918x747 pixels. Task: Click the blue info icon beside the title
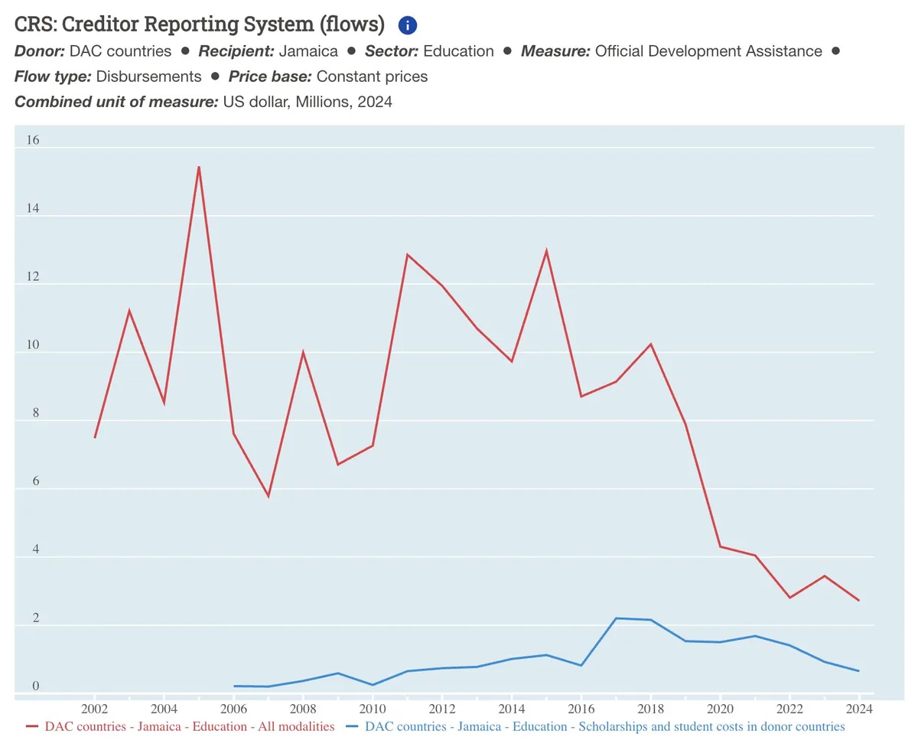pyautogui.click(x=407, y=25)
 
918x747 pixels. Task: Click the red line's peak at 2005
pyautogui.click(x=199, y=167)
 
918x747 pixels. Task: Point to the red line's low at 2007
pyautogui.click(x=269, y=496)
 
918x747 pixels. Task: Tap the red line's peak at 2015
pyautogui.click(x=546, y=250)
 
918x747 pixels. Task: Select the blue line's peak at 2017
pyautogui.click(x=616, y=618)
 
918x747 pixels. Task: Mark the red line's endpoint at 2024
pyautogui.click(x=859, y=600)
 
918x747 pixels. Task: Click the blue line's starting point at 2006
pyautogui.click(x=233, y=686)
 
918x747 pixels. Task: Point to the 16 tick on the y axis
pyautogui.click(x=33, y=139)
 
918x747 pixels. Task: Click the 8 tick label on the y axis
pyautogui.click(x=36, y=413)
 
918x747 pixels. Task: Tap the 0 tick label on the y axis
pyautogui.click(x=36, y=686)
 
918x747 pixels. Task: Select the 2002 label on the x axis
pyautogui.click(x=94, y=709)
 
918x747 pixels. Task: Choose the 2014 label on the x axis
pyautogui.click(x=512, y=709)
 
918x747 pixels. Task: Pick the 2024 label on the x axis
pyautogui.click(x=859, y=709)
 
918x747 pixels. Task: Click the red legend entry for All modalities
pyautogui.click(x=180, y=727)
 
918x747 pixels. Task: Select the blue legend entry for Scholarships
pyautogui.click(x=595, y=727)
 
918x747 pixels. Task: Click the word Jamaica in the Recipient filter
pyautogui.click(x=308, y=51)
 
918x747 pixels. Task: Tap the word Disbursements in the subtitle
pyautogui.click(x=148, y=77)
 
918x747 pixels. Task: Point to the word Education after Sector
pyautogui.click(x=458, y=51)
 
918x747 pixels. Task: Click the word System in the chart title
pyautogui.click(x=279, y=24)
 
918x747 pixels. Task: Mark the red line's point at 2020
pyautogui.click(x=720, y=546)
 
